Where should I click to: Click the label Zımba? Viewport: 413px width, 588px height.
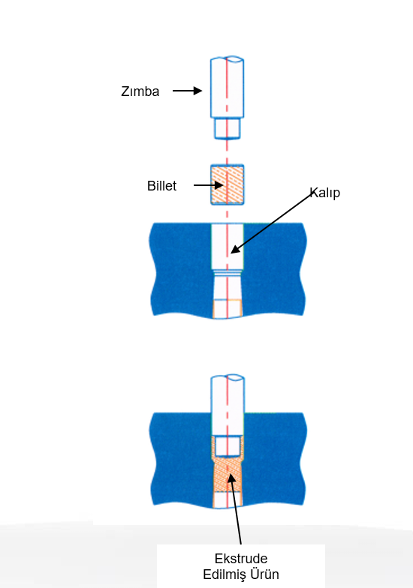140,91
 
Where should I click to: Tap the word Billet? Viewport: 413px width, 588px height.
162,186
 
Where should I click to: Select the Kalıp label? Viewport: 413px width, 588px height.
325,193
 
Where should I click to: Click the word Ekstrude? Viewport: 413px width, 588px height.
241,558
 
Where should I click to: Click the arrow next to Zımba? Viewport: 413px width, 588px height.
188,91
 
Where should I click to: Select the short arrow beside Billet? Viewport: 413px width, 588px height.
209,184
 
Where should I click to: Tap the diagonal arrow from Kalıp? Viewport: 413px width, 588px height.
272,223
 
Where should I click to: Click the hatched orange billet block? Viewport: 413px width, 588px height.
227,184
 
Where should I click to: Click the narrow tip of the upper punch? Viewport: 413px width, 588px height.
227,129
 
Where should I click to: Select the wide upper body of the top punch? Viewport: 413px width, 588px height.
227,87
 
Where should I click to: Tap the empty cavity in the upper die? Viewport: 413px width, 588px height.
227,246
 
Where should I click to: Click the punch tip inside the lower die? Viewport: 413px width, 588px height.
228,446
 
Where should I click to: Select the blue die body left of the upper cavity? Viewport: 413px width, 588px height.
181,269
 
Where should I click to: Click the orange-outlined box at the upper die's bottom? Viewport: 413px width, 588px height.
227,309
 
